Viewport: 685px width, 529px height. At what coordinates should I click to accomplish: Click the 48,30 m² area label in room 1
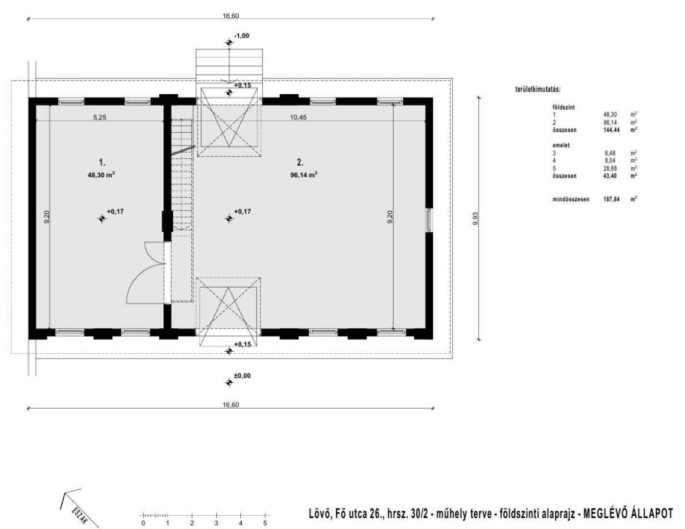(101, 174)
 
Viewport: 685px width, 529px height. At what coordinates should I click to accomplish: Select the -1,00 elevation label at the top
(242, 36)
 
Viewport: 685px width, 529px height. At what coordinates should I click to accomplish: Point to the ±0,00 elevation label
(242, 376)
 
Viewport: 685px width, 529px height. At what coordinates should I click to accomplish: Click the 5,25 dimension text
(100, 117)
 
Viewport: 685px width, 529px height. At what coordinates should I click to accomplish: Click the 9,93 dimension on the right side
(475, 218)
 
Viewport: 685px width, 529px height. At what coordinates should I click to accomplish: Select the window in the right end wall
(430, 219)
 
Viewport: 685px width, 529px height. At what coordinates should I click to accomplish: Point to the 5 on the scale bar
(265, 524)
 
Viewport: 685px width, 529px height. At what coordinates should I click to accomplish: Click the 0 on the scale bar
(143, 524)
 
